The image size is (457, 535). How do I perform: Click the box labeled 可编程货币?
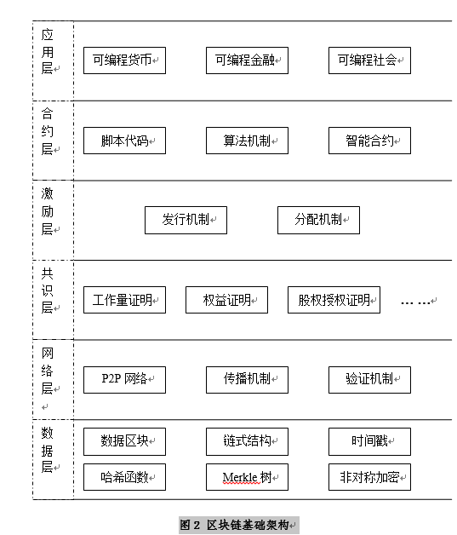(x=124, y=60)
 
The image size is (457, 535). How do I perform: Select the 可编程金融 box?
(x=247, y=60)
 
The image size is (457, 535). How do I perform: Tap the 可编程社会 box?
(x=369, y=60)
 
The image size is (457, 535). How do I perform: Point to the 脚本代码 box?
(x=124, y=141)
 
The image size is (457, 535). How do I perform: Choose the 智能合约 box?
(x=369, y=141)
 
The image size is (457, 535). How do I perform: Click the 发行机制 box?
(x=186, y=220)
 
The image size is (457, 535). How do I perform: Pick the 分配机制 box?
(x=318, y=220)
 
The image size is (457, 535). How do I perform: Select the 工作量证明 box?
(x=124, y=300)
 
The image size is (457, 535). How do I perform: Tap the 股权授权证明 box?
(x=334, y=300)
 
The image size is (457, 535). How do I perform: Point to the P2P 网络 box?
(x=124, y=380)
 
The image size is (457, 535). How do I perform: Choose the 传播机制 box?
(x=247, y=380)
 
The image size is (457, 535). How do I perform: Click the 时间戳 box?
(x=369, y=442)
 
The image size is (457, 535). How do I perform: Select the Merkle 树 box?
(x=247, y=477)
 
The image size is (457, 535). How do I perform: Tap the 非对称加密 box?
(x=369, y=477)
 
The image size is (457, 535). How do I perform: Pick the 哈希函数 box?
(x=124, y=477)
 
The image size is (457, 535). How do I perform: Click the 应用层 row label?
(x=48, y=51)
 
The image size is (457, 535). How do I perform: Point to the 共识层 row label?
(x=48, y=291)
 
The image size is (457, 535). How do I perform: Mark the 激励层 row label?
(x=48, y=211)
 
